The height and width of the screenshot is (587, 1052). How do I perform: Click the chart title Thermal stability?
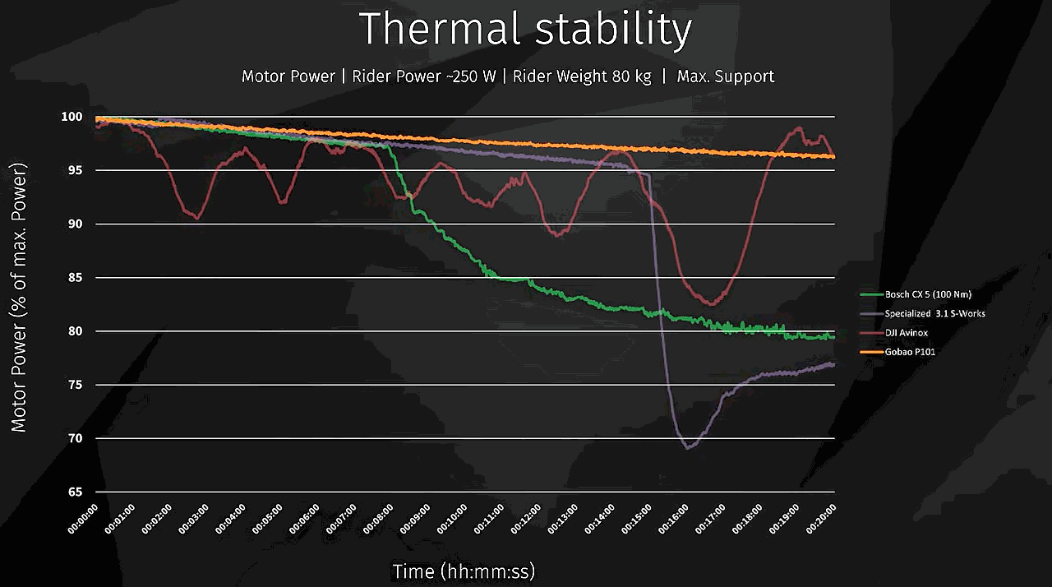(x=525, y=30)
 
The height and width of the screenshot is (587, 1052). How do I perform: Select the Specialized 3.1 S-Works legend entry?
(x=934, y=313)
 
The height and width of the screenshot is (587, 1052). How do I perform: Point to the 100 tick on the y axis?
(x=72, y=117)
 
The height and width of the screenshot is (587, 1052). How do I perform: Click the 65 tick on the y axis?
(x=76, y=492)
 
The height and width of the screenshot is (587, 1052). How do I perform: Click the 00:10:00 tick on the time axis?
(x=454, y=520)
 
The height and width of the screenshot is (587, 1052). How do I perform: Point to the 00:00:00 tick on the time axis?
(x=84, y=520)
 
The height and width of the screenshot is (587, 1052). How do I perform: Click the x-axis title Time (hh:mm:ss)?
(x=464, y=571)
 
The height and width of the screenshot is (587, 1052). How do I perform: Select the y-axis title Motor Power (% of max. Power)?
(x=19, y=297)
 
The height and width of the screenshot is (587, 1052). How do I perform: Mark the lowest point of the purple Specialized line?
(x=688, y=447)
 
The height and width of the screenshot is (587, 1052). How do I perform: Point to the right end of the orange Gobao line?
(x=833, y=156)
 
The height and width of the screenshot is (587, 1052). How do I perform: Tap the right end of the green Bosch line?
(x=833, y=337)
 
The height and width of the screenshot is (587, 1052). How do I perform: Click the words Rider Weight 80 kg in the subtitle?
(x=582, y=76)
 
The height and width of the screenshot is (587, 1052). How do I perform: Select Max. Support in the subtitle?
(x=726, y=76)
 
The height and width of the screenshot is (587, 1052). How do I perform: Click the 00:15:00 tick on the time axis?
(x=638, y=520)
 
